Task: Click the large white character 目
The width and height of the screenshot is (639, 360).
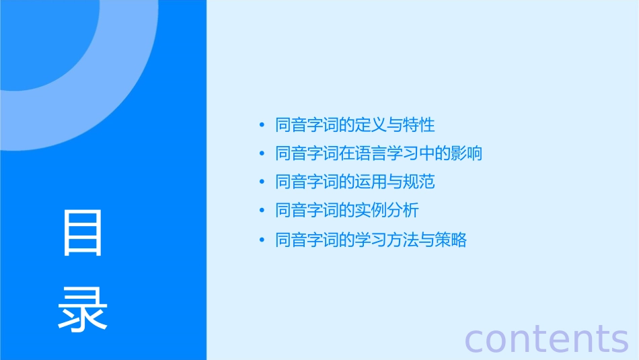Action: [x=83, y=233]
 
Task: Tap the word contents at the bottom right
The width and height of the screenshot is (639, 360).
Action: [x=546, y=338]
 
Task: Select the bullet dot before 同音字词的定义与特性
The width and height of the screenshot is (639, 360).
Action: [x=262, y=125]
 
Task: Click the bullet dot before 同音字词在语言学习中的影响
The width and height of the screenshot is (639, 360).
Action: [x=262, y=153]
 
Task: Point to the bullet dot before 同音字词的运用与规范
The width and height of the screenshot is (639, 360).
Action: [x=262, y=182]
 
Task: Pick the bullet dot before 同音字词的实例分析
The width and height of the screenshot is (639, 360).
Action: [x=262, y=211]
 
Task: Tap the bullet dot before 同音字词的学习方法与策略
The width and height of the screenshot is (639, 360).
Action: [x=262, y=240]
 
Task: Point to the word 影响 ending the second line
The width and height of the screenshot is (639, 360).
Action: [x=466, y=153]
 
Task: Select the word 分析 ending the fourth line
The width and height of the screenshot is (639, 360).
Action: [x=402, y=211]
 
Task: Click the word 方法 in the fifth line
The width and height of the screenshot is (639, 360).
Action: [x=402, y=240]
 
